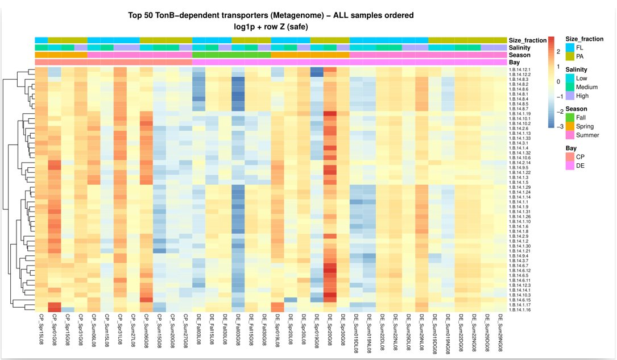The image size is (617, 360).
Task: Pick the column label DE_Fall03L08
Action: [199, 330]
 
